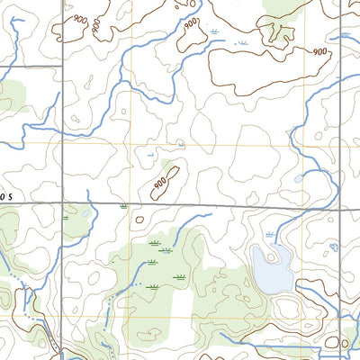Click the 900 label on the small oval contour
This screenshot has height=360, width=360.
161,184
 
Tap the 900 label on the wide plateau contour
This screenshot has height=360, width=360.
319,52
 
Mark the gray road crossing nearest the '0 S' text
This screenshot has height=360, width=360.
62,202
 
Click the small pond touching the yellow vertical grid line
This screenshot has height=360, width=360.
299,178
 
